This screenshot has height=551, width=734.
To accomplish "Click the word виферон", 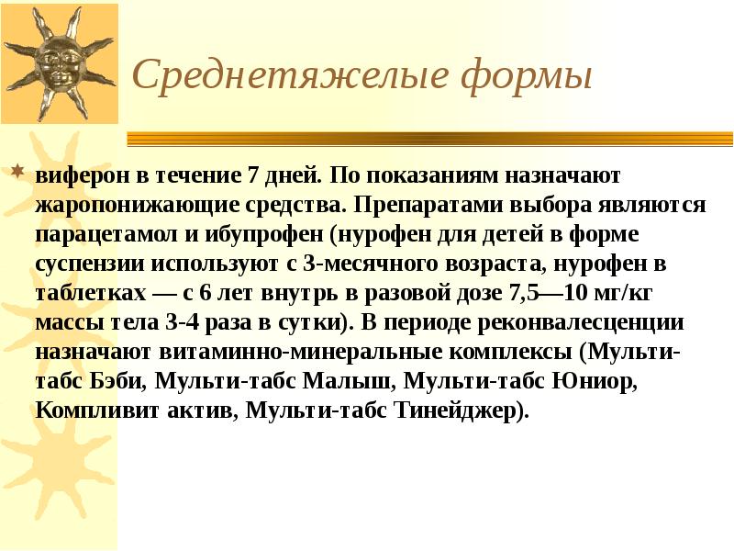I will coord(78,174).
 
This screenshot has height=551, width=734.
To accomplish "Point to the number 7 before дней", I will coord(252,174).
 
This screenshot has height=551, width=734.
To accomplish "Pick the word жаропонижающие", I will coord(131,204).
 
